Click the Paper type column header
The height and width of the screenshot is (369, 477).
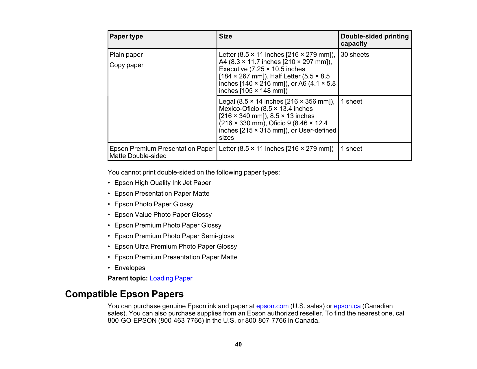(x=126, y=36)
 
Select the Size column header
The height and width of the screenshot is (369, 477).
(x=225, y=36)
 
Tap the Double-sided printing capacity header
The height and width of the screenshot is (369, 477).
(x=374, y=40)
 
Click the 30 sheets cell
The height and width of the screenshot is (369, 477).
(x=355, y=55)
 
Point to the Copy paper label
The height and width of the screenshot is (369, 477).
(x=126, y=65)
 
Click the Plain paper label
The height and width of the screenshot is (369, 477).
(x=126, y=55)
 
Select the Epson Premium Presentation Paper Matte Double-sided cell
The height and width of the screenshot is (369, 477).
(x=162, y=152)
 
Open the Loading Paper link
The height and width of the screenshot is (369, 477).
(x=171, y=278)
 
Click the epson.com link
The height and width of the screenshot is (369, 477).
(x=272, y=306)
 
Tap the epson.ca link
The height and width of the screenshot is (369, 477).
(x=347, y=306)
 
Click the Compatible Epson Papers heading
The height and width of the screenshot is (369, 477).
(x=124, y=294)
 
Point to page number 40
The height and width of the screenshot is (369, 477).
(x=238, y=344)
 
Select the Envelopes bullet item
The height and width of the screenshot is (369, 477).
(x=130, y=268)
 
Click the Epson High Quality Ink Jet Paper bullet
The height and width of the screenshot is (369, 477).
(x=162, y=183)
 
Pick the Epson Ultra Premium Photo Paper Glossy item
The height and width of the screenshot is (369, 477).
(x=175, y=247)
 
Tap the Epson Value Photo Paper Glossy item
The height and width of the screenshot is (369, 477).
(x=163, y=215)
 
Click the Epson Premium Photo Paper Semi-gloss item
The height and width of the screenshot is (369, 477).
(x=174, y=236)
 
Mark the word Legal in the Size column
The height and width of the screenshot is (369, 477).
(x=227, y=102)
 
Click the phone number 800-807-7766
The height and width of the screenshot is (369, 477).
(x=265, y=321)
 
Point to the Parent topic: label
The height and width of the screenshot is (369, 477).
(x=127, y=278)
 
